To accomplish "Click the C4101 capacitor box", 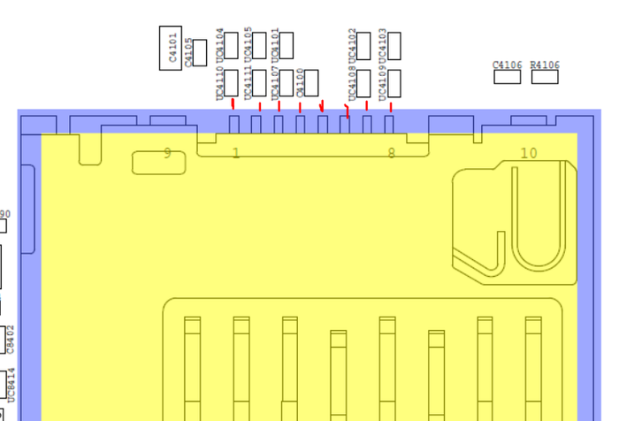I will point(171,48).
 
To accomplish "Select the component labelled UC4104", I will point(232,45).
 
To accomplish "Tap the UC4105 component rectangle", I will point(260,45).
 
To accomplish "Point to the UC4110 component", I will point(232,83).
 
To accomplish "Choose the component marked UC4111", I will point(260,83).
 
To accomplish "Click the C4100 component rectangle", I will point(311,83).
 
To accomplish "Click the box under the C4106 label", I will point(508,76).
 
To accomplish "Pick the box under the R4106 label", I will point(545,76).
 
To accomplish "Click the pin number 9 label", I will point(167,153).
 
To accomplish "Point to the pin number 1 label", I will point(235,153).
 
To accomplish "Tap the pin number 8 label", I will point(392,153).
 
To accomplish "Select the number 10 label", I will point(528,153).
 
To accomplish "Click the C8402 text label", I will point(11,338).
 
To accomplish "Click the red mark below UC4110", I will point(233,104).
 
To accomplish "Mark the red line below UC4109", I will point(390,107).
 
